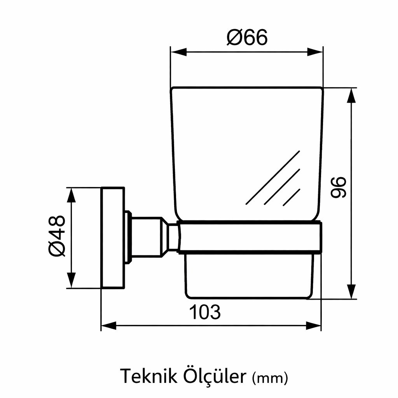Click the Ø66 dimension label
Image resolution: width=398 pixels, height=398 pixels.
point(247,37)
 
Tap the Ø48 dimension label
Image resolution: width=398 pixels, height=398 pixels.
point(57,236)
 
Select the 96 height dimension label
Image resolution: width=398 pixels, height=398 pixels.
point(339,187)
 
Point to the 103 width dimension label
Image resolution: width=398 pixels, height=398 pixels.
point(205,312)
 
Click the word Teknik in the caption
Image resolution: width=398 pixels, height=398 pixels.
point(149,376)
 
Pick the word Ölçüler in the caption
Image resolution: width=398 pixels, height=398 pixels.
point(215,376)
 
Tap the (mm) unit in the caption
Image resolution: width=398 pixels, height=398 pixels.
point(270,378)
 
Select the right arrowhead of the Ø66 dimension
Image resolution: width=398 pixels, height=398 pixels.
point(315,52)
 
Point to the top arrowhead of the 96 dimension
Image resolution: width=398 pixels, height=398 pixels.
point(351,96)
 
